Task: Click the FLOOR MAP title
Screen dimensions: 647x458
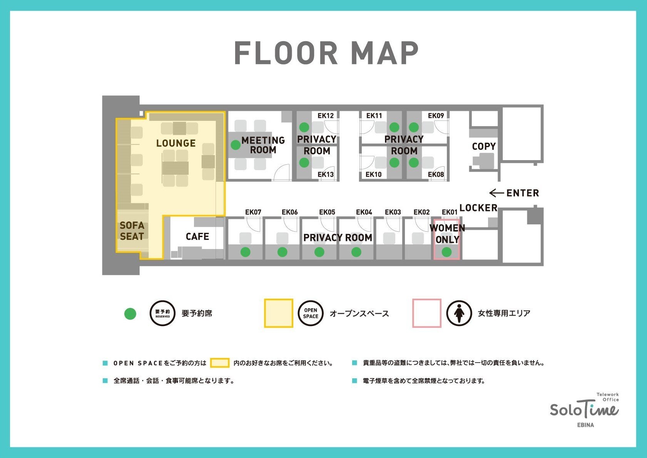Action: (x=326, y=53)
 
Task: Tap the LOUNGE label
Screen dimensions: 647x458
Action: (x=176, y=143)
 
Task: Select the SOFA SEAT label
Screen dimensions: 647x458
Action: (x=132, y=231)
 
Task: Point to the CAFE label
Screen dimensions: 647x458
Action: (x=197, y=237)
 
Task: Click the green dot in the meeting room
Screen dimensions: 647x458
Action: (x=236, y=145)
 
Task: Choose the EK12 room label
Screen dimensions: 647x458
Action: (x=326, y=116)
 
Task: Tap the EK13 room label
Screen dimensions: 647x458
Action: (x=326, y=174)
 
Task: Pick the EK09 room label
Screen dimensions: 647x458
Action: (x=436, y=116)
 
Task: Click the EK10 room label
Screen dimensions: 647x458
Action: (x=373, y=174)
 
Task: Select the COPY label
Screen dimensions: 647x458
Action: (x=484, y=146)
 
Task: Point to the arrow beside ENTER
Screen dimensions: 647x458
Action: (x=497, y=193)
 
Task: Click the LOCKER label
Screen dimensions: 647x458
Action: (x=478, y=207)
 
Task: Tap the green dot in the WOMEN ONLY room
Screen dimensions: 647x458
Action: (x=446, y=252)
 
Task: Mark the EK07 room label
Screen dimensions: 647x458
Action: (x=253, y=212)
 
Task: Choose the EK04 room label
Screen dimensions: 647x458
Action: (x=364, y=212)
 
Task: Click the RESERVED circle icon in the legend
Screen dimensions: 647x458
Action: (x=163, y=313)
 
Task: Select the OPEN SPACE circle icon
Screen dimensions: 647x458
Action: (x=311, y=313)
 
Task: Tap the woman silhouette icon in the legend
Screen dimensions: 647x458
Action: (x=459, y=313)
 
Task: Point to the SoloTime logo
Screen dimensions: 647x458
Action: (x=584, y=410)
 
